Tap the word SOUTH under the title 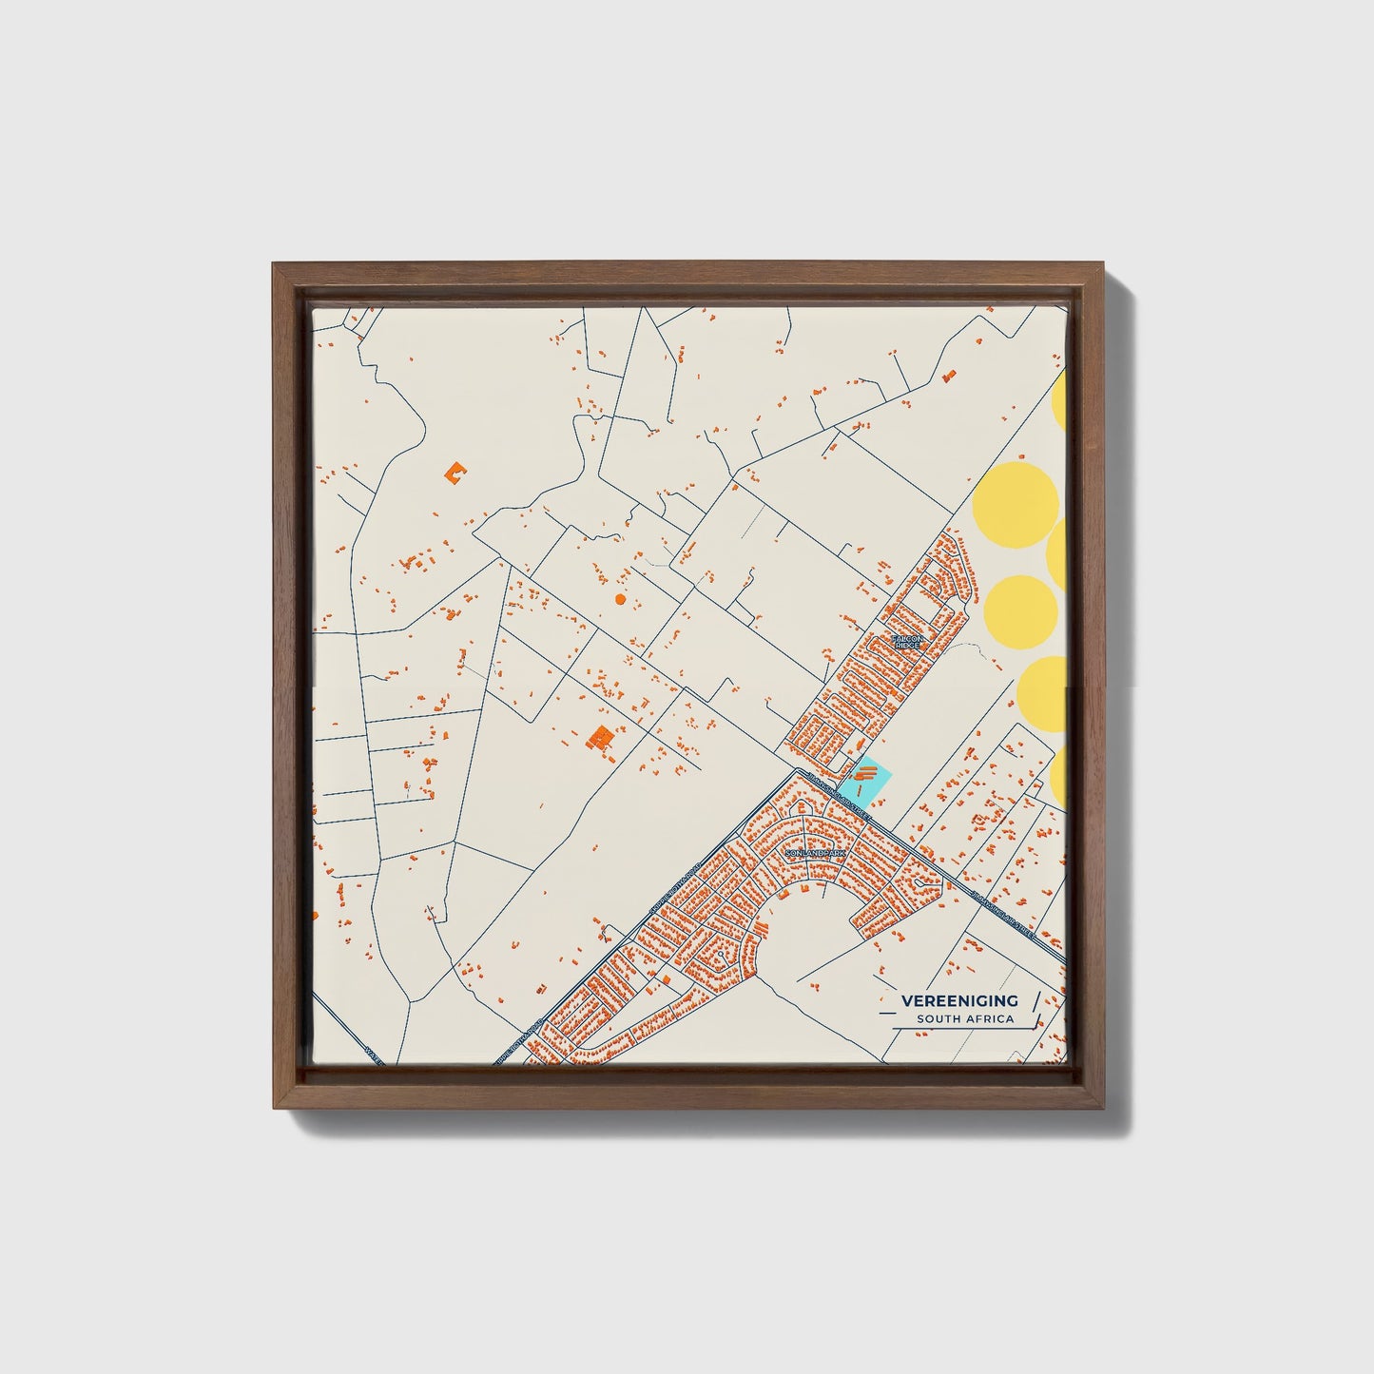click(938, 1019)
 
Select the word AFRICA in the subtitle click(989, 1019)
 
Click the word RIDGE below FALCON click(907, 646)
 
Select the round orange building click(620, 599)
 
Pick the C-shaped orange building click(455, 471)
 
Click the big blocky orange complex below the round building click(600, 737)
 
